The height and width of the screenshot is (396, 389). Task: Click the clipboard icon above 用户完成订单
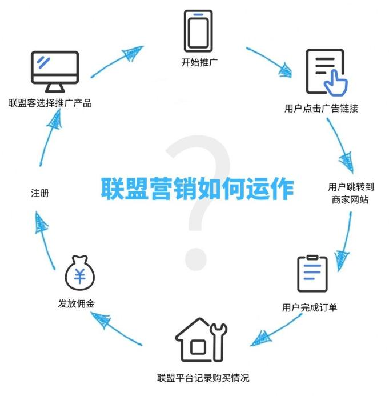coord(312,274)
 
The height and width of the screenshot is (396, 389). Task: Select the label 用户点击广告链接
coord(321,108)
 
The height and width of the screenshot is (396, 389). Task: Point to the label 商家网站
coord(350,201)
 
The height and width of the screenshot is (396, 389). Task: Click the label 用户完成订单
coord(310,307)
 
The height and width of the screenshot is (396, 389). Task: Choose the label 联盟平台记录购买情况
coord(203,378)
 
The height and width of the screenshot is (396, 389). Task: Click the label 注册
coord(40,194)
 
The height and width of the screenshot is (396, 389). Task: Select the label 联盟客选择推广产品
coord(50,103)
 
